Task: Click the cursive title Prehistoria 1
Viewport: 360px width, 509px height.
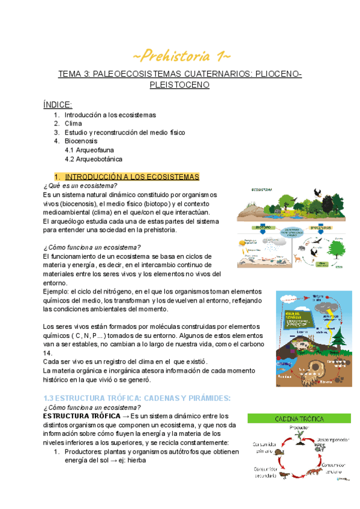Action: [x=180, y=57]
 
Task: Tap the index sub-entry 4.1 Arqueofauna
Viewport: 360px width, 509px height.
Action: [x=89, y=150]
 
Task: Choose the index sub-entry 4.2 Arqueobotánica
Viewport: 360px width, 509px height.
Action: [x=94, y=159]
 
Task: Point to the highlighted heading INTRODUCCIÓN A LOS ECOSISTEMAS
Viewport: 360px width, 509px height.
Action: [x=131, y=177]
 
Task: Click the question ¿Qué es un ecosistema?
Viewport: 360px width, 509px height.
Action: [x=80, y=186]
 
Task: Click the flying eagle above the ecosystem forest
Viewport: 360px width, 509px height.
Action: [x=317, y=193]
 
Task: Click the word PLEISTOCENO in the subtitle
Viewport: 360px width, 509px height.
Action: [x=179, y=85]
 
